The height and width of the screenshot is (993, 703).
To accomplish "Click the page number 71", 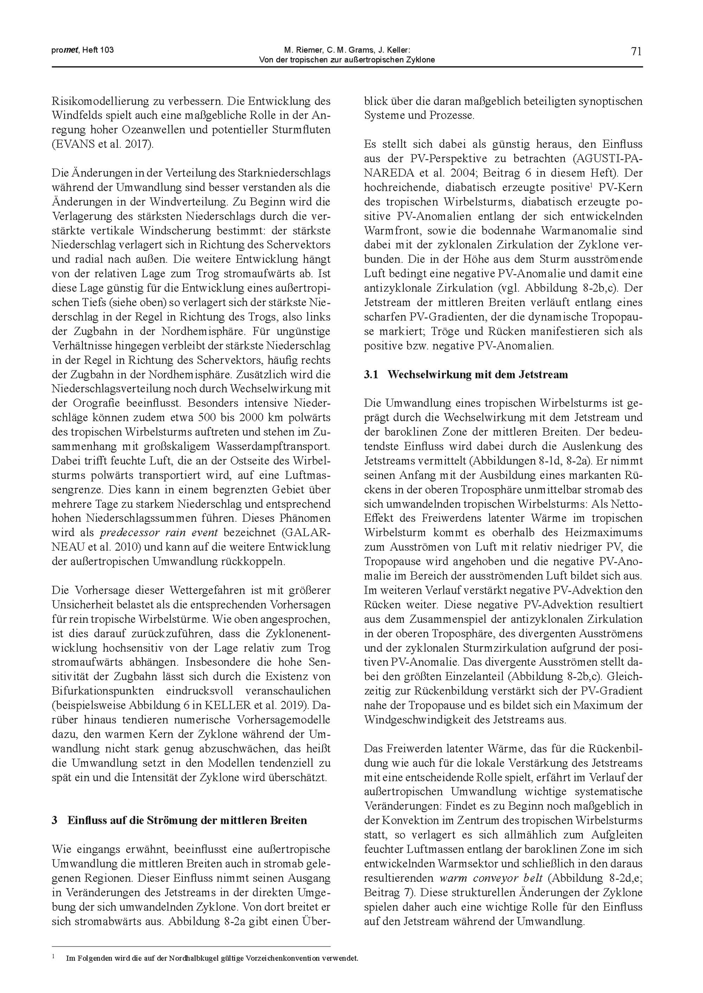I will tap(636, 52).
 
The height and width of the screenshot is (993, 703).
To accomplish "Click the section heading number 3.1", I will tap(371, 375).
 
